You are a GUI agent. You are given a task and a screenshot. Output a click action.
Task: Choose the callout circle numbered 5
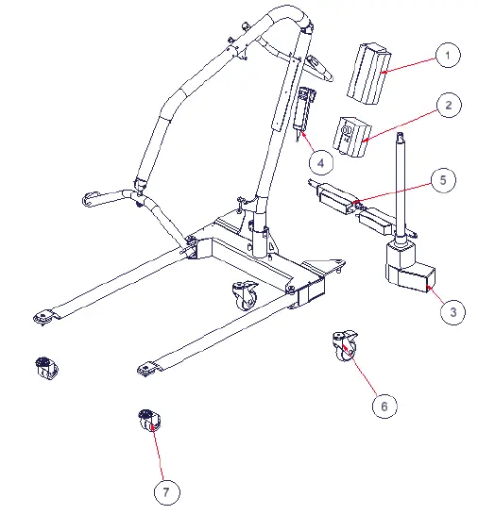coord(442,179)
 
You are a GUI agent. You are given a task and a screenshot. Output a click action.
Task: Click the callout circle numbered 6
coord(384,406)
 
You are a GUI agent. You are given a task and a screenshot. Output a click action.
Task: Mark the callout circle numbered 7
coord(165,491)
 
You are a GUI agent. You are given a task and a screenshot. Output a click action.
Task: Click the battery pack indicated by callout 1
coord(367,73)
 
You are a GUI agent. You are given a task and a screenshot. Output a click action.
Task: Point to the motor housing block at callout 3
coord(409,274)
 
